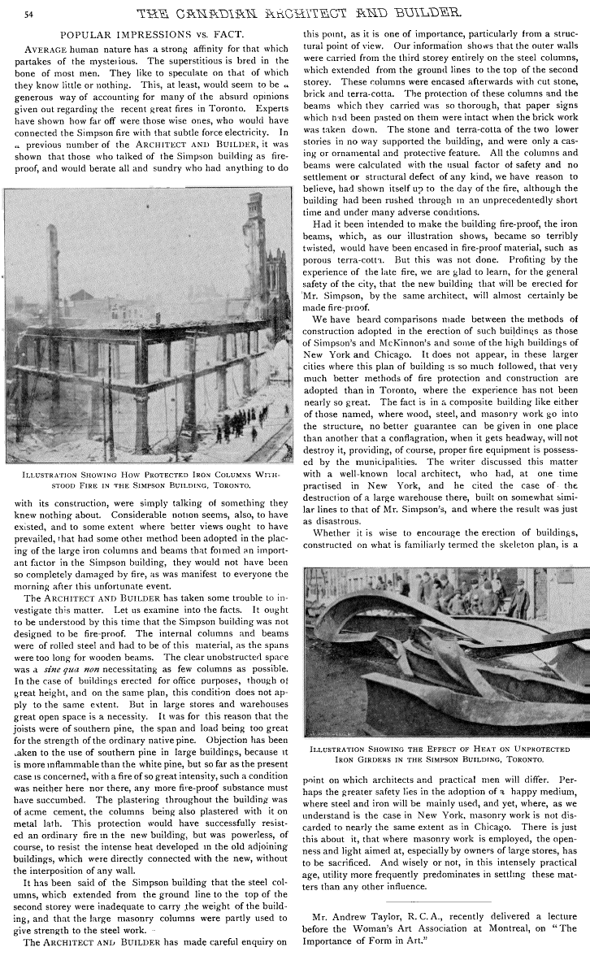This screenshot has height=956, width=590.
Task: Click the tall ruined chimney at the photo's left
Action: (x=53, y=268)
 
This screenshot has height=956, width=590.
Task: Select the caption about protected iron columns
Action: (x=147, y=480)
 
